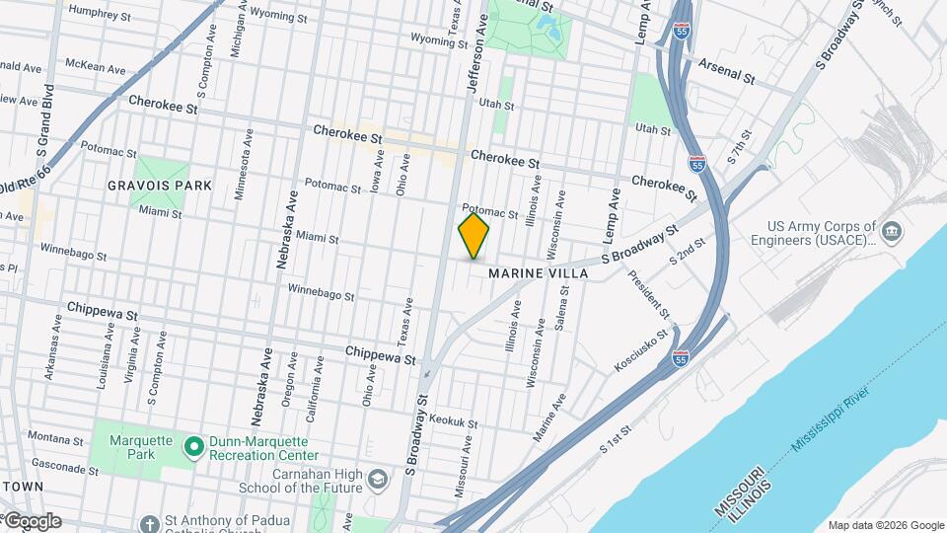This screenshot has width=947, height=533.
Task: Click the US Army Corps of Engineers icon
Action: [892, 232]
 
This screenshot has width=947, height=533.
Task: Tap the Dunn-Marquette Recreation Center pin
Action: [194, 448]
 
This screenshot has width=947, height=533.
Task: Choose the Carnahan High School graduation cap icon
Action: [376, 480]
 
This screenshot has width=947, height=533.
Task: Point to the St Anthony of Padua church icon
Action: [148, 523]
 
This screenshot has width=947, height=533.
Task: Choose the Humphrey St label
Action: [99, 15]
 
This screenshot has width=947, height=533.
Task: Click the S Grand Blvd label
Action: [43, 123]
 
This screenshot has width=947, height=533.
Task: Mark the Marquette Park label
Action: [133, 448]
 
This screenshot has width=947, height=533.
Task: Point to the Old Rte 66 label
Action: [22, 179]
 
